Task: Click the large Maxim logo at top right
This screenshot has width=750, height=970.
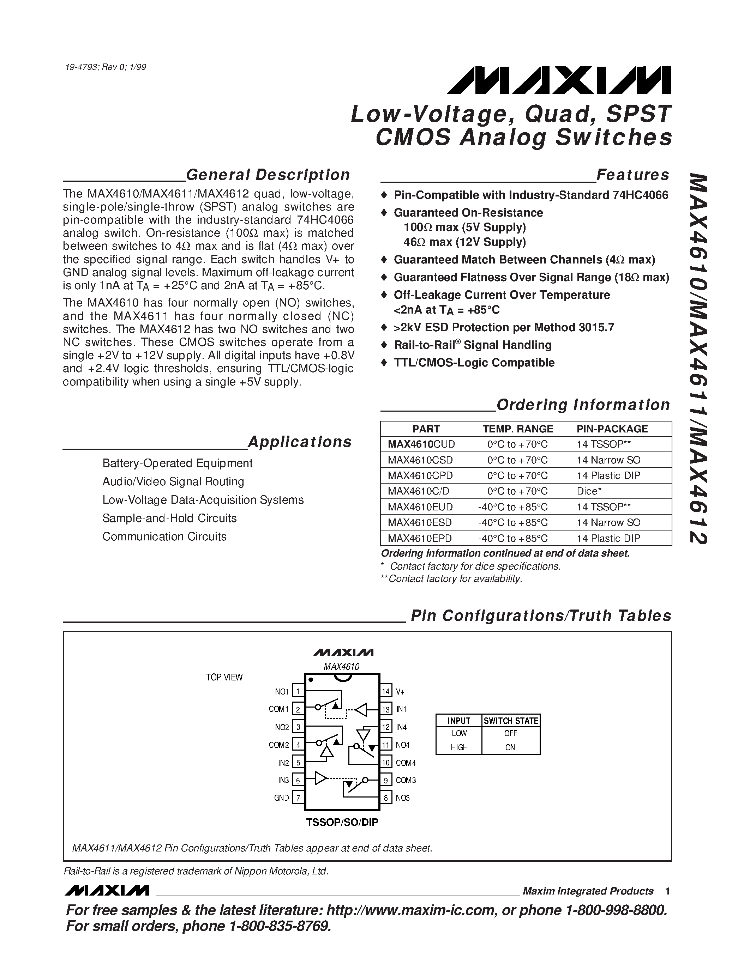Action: point(559,80)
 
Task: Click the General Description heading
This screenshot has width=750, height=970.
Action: point(268,175)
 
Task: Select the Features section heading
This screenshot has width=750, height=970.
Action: point(633,175)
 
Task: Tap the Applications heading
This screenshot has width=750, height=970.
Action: point(299,442)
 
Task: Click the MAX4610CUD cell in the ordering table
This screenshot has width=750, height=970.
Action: point(421,444)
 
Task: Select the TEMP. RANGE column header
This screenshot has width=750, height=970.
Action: point(518,429)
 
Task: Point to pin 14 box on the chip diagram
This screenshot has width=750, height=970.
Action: point(386,692)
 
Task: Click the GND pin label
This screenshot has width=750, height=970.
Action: point(282,798)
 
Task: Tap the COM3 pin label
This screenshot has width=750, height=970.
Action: point(406,780)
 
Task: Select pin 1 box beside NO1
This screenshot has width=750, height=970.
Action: point(298,692)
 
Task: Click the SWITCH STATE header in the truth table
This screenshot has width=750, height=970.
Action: point(511,721)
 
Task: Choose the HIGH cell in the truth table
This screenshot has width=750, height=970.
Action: point(459,747)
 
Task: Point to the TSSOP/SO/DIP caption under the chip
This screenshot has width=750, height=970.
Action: point(342,822)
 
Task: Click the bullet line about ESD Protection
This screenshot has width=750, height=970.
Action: point(503,328)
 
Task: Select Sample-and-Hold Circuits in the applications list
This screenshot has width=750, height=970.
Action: point(169,518)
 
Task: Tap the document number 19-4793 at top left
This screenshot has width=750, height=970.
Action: point(105,67)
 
